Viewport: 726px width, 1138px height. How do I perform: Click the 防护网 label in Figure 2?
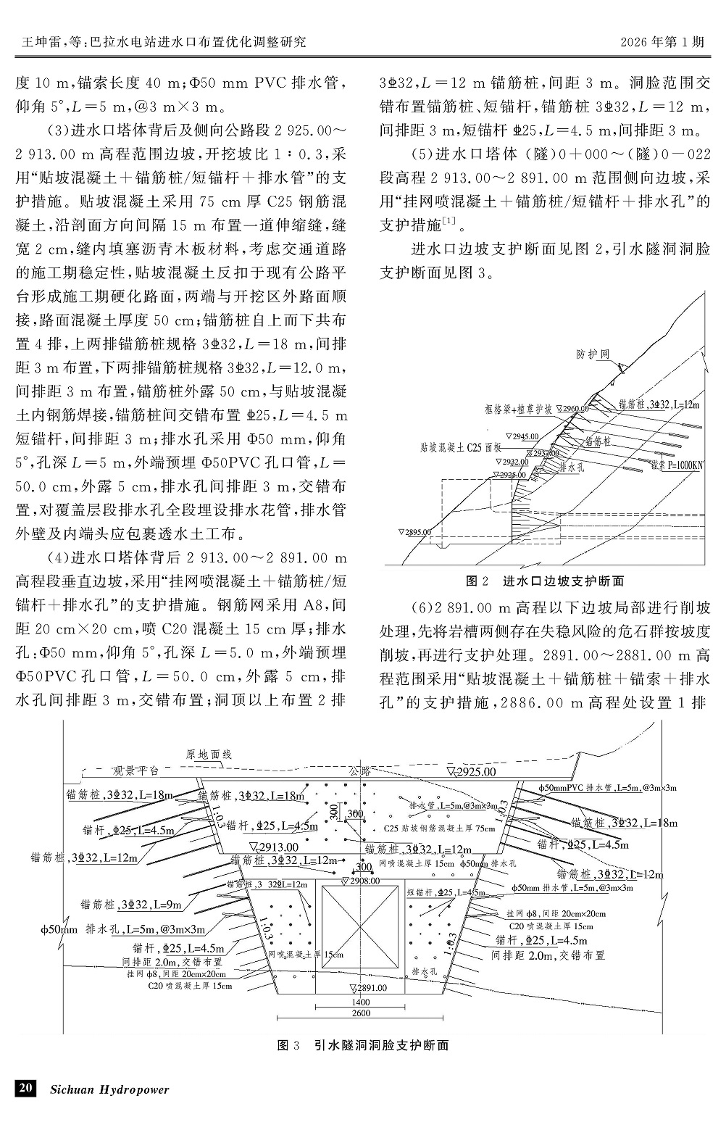tap(593, 354)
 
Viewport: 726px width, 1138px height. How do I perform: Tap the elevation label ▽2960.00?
tap(572, 409)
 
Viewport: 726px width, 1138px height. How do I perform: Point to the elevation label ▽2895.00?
tap(416, 532)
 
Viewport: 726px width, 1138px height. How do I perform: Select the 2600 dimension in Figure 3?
tap(360, 1013)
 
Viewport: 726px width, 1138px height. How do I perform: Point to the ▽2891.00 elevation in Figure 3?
tap(370, 987)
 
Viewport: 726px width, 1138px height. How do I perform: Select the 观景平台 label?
tap(138, 769)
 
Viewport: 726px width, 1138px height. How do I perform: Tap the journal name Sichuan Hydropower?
tap(109, 1089)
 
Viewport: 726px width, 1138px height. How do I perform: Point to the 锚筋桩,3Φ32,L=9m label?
tap(130, 904)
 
